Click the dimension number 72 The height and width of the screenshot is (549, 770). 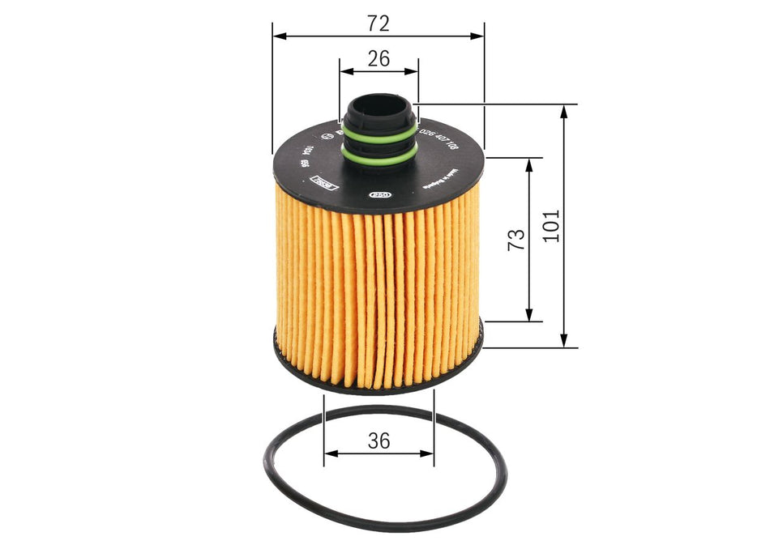[x=379, y=23]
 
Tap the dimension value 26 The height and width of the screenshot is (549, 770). [x=379, y=58]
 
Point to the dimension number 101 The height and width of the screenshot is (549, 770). [x=551, y=226]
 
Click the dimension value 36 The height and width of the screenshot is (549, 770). [x=379, y=441]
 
